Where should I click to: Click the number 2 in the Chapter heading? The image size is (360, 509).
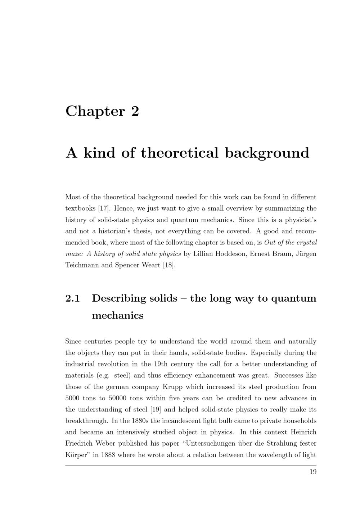(135, 111)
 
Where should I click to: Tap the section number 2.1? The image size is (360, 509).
(72, 298)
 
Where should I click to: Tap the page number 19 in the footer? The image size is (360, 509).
(313, 472)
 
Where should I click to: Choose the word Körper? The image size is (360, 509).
(77, 455)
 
